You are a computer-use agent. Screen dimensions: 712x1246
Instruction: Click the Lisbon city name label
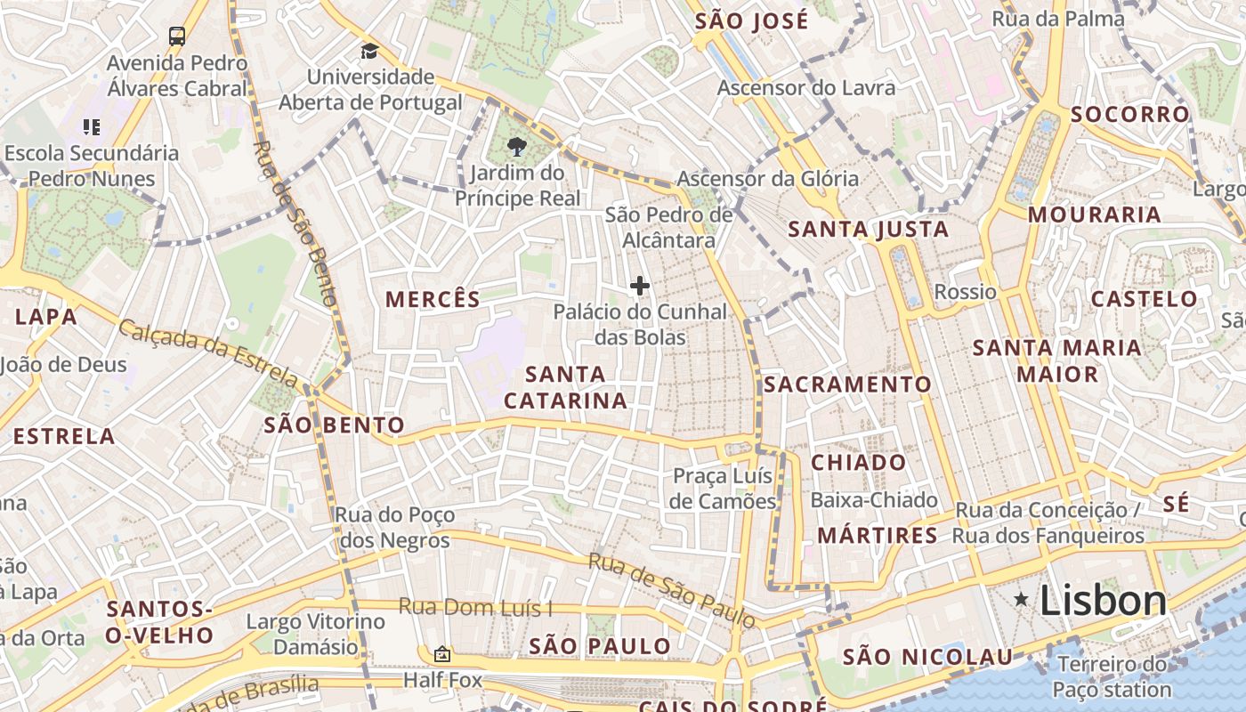(1103, 601)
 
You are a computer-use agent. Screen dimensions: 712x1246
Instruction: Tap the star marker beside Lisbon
(1021, 600)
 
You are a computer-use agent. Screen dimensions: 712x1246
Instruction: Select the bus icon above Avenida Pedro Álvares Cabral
(177, 36)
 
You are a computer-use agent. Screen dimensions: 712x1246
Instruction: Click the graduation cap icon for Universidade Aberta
(369, 52)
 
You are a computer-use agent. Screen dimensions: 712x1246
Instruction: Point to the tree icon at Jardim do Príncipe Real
(516, 146)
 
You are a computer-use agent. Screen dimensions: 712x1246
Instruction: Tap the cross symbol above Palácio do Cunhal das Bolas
(639, 286)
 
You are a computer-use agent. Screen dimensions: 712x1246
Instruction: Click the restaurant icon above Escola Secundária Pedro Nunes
(91, 127)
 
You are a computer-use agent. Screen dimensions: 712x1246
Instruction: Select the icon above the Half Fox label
(441, 655)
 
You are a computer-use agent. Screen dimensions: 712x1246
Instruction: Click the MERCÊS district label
(433, 299)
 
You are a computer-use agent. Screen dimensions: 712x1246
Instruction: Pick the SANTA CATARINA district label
(566, 387)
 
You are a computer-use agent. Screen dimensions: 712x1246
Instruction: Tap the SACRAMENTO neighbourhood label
(847, 384)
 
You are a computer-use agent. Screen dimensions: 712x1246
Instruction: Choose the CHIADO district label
(858, 463)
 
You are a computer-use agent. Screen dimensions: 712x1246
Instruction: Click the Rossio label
(965, 292)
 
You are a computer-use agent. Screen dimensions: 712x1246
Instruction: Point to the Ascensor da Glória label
(768, 179)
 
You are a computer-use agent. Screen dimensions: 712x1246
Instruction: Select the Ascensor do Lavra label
(806, 87)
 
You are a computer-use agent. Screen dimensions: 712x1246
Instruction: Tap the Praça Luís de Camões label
(723, 489)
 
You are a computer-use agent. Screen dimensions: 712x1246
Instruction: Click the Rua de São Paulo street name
(671, 588)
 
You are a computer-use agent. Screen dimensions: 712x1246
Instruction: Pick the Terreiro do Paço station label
(1112, 676)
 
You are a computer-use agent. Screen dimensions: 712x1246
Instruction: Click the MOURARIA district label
(1094, 214)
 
